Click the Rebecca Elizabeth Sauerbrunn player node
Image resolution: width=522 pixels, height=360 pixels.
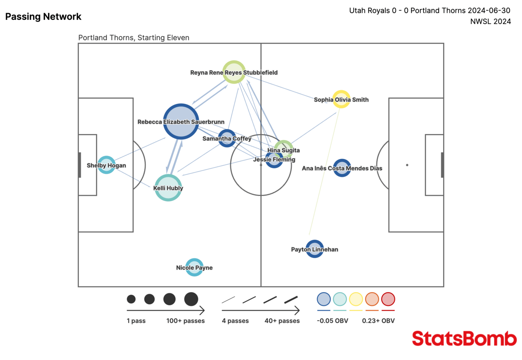pos(181,121)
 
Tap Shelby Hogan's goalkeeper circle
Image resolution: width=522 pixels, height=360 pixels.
pos(106,165)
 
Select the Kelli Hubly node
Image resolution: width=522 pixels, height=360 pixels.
pos(168,188)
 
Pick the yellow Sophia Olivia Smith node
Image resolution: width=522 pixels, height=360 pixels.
pos(341,99)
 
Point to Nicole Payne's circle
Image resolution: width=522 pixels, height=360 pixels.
pos(194,267)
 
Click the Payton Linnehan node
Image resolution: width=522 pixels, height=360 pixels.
pos(315,249)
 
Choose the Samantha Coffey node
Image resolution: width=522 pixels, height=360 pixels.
pos(227,138)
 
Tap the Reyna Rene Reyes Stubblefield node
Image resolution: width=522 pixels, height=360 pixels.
pos(234,72)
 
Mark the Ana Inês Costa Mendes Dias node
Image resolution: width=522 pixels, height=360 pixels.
pos(342,168)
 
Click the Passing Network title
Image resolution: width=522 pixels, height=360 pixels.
pos(43,17)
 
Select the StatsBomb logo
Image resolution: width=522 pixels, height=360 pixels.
pos(464,339)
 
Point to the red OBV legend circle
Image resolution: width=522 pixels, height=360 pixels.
pos(388,299)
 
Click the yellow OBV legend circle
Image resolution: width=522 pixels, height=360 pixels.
pos(356,299)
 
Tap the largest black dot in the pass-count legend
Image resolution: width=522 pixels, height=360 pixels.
pos(191,299)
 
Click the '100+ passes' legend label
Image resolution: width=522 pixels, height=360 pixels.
pos(185,321)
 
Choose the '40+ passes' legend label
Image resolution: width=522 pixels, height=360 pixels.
pos(282,321)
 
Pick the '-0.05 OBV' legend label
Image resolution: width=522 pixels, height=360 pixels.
pos(332,321)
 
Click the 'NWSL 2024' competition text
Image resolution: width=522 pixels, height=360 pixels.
pos(490,21)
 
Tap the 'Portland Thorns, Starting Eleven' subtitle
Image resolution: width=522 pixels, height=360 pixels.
pos(133,38)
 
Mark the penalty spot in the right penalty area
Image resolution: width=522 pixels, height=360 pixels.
pos(407,165)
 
